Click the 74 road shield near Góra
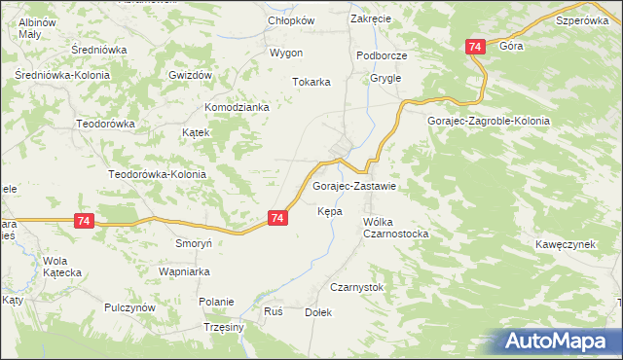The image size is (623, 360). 475,47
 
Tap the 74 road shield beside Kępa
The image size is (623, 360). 277,219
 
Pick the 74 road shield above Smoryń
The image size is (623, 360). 83,222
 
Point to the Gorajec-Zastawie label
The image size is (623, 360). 352,186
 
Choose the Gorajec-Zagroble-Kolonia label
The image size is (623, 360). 489,121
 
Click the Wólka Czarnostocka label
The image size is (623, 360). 395,228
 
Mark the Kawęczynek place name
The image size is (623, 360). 565,244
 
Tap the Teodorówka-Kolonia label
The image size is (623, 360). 158,174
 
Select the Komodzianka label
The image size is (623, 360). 236,107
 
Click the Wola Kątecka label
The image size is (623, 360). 61,267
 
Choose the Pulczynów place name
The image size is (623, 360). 129,307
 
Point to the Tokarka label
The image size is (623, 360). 312,83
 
